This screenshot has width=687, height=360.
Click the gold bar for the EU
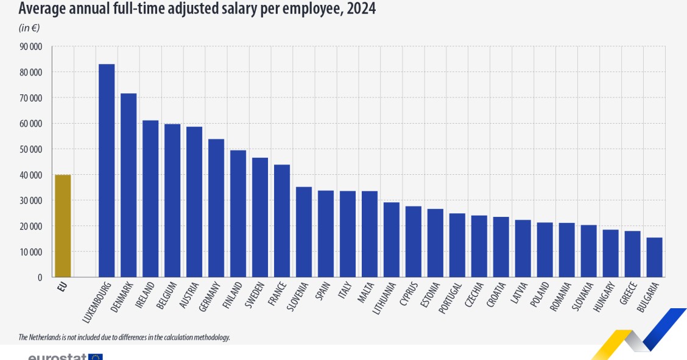click(63, 226)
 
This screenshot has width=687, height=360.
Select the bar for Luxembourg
click(107, 171)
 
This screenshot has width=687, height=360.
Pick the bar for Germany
click(216, 208)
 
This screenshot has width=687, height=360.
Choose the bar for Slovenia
click(304, 231)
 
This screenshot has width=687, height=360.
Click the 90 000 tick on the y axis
click(30, 47)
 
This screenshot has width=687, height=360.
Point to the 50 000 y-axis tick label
click(30, 149)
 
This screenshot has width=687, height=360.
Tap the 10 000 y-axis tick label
click(30, 252)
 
